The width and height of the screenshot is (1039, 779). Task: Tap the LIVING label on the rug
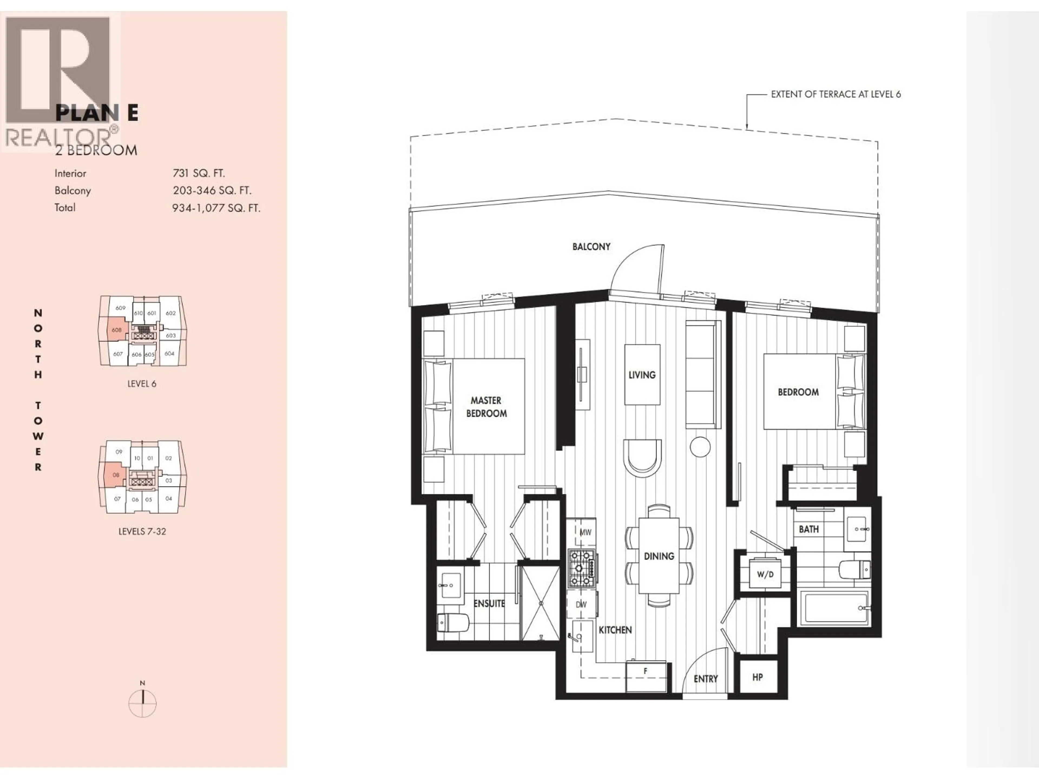(642, 375)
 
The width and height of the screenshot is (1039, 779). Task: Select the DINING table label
(659, 556)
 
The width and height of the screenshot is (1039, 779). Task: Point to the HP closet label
(757, 677)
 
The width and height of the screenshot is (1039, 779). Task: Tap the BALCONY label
(591, 246)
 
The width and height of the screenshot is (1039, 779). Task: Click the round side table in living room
(700, 447)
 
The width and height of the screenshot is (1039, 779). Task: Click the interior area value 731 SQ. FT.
(199, 173)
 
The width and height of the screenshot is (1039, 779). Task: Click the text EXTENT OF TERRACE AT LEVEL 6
(836, 94)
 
